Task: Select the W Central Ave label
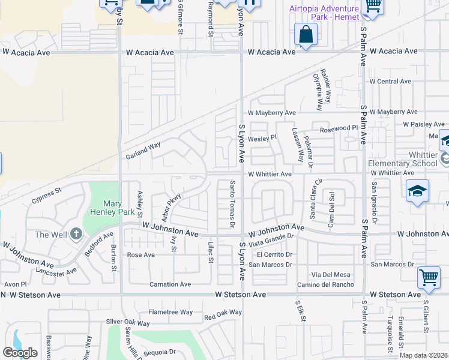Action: (x=390, y=81)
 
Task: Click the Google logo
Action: (x=20, y=352)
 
